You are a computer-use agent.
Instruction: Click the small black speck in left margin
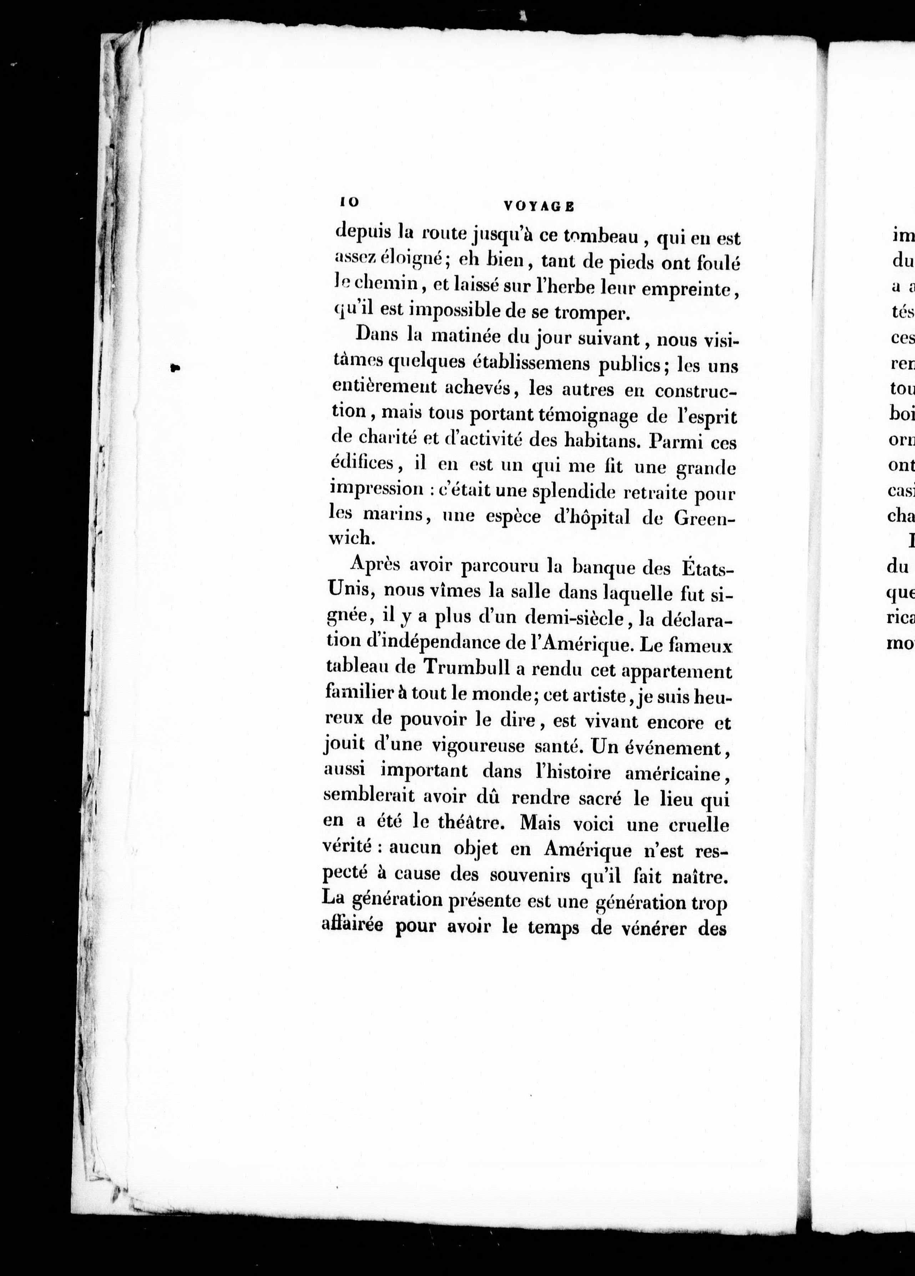tap(176, 368)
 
